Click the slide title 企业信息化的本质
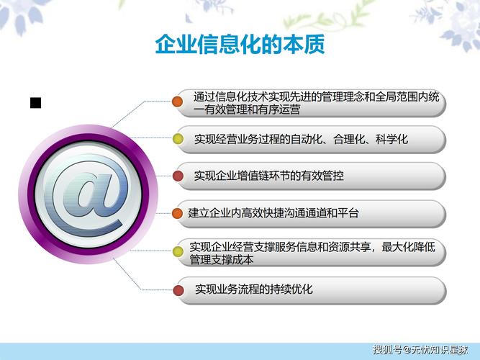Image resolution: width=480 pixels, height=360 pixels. [240, 45]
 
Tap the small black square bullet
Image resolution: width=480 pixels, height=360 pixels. [35, 103]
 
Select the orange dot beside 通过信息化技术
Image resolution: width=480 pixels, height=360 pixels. [177, 102]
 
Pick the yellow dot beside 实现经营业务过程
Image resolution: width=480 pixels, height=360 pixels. [178, 139]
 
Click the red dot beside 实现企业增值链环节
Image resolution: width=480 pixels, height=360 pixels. [178, 176]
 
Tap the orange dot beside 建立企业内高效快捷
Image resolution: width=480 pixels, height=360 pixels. [177, 214]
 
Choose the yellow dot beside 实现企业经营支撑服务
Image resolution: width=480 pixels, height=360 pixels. [178, 251]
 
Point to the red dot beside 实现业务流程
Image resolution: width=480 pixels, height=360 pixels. [178, 290]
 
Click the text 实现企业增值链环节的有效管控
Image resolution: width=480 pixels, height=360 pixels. [268, 176]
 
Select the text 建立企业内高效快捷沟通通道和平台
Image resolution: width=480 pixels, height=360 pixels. [273, 213]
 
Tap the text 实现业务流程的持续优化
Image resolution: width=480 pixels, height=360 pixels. [254, 289]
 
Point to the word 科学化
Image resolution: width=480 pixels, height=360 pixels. [391, 139]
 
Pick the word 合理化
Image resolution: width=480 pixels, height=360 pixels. [349, 139]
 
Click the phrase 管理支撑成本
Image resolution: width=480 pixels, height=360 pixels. [222, 260]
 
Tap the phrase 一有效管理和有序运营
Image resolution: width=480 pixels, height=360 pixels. [247, 109]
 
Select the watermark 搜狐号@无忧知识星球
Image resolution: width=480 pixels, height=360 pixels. [420, 350]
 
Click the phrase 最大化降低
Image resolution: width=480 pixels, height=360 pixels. [408, 247]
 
